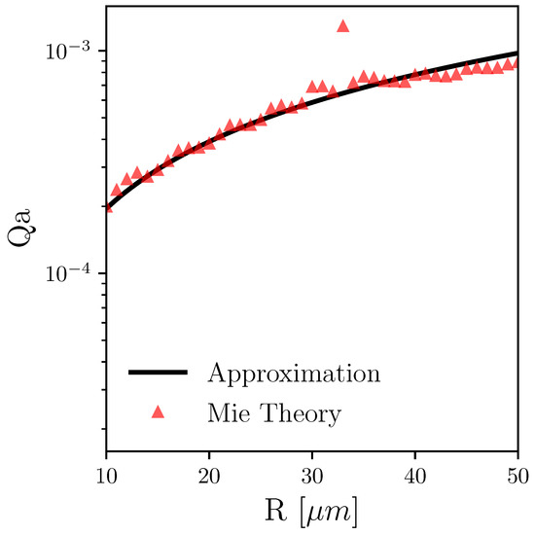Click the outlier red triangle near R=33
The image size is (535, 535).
[x=342, y=26]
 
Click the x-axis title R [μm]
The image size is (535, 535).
[x=311, y=509]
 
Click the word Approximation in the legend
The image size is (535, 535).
[x=293, y=374]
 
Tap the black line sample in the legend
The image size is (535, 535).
[x=159, y=372]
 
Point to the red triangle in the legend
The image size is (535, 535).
[x=159, y=411]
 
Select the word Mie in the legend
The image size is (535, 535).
[x=229, y=413]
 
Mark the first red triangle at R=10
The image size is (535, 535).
[x=106, y=206]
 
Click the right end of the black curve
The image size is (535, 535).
[x=517, y=53]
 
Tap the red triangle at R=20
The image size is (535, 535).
[x=209, y=143]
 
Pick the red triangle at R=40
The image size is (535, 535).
[x=414, y=75]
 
